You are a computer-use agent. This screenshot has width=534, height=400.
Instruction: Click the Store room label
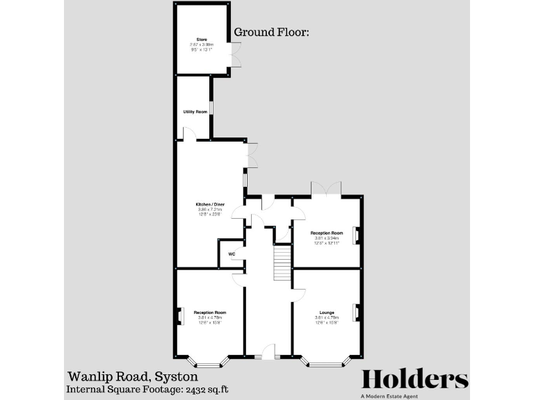pyautogui.click(x=202, y=40)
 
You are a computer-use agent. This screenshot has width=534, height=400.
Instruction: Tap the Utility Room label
pyautogui.click(x=195, y=112)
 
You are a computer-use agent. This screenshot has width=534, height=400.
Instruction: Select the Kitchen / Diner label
pyautogui.click(x=209, y=204)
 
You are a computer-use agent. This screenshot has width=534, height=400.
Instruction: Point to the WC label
pyautogui.click(x=231, y=254)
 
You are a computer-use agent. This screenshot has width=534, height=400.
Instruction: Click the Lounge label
pyautogui.click(x=326, y=312)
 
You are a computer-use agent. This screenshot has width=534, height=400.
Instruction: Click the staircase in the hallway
pyautogui.click(x=281, y=262)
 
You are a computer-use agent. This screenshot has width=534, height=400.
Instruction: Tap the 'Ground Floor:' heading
pyautogui.click(x=271, y=32)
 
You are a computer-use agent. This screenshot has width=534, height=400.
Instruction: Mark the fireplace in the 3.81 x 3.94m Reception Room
pyautogui.click(x=357, y=236)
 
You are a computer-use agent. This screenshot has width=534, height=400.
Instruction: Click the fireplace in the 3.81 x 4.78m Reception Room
pyautogui.click(x=179, y=316)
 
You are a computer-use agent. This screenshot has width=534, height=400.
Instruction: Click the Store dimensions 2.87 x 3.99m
pyautogui.click(x=202, y=44)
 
